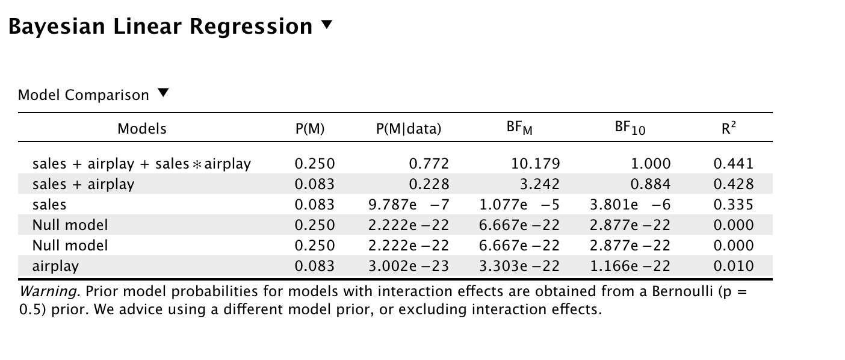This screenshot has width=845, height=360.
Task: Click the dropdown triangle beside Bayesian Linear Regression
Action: pos(327,25)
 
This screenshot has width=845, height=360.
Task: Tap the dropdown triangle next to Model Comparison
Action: pos(163,94)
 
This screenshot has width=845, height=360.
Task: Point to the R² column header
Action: pos(729,128)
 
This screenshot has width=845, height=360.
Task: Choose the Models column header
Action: pos(142,128)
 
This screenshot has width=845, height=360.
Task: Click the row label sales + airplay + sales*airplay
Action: pos(141,164)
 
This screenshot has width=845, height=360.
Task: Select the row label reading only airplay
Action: pos(55,265)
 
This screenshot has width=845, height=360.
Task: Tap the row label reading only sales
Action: pos(49,205)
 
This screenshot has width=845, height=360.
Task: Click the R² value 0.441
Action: pos(733,164)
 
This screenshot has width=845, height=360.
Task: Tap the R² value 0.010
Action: pos(733,265)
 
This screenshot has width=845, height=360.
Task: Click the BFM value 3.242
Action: pos(542,184)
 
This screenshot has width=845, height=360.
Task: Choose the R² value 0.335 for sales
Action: pos(733,205)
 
